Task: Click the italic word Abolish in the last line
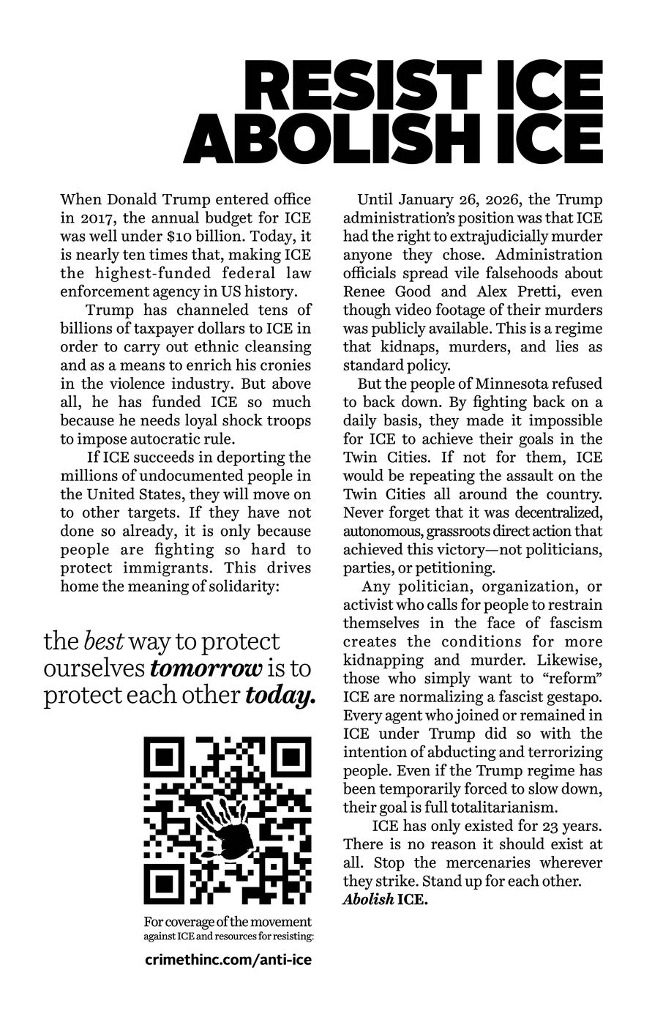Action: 368,900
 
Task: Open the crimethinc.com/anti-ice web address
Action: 228,959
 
